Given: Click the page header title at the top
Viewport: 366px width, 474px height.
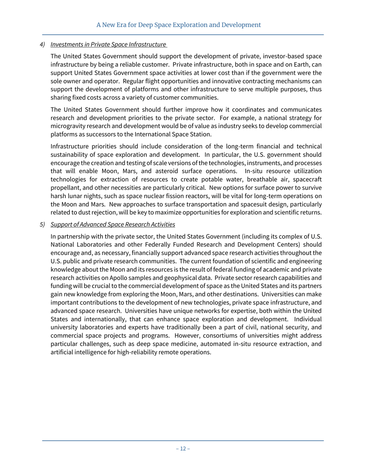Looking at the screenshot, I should (178, 25).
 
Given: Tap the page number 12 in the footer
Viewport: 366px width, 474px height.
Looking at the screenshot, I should (183, 449).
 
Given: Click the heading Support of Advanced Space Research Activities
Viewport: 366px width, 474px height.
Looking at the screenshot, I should (112, 224).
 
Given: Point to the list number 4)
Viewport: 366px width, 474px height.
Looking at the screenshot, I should (43, 45).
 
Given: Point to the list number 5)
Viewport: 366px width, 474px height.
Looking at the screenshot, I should (43, 224).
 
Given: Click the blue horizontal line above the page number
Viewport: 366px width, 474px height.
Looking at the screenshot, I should (183, 440).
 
